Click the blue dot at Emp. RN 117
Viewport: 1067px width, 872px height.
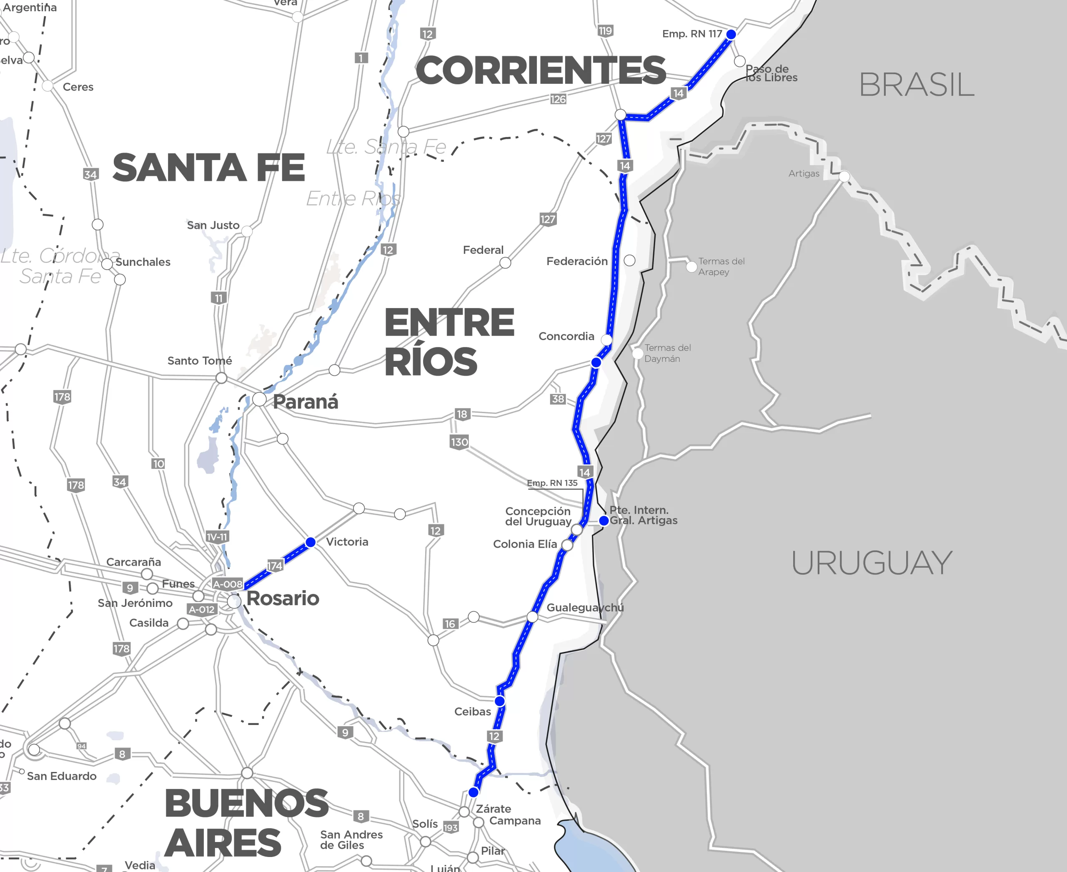click(731, 34)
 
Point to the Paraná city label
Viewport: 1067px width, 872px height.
click(305, 402)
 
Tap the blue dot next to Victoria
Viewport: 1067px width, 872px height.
click(311, 542)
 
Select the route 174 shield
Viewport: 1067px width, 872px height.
click(274, 566)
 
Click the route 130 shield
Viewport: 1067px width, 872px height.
click(459, 442)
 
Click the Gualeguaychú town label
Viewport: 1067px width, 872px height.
click(585, 607)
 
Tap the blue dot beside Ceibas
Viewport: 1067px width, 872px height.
click(499, 701)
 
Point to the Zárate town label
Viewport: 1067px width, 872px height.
click(493, 809)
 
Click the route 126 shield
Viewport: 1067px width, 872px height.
click(558, 99)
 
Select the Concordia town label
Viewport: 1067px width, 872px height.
click(566, 336)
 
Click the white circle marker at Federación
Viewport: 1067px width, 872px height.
click(629, 260)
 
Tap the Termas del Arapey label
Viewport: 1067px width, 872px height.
click(721, 266)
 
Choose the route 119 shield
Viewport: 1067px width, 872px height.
click(605, 31)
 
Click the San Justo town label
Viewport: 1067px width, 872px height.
click(213, 225)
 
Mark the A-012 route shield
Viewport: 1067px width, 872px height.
click(201, 610)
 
